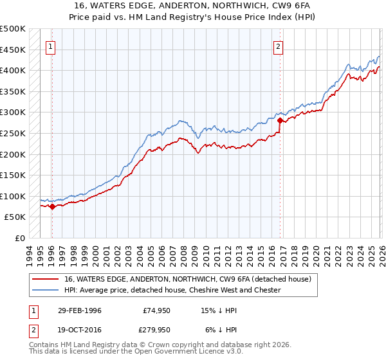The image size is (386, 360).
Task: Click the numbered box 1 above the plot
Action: (51, 46)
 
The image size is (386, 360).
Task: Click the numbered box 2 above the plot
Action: (278, 46)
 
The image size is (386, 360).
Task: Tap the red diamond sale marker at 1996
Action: (52, 206)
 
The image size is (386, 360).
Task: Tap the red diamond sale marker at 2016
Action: (280, 120)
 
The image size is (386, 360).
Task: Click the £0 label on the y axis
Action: (20, 238)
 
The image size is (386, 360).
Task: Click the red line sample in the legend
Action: (46, 279)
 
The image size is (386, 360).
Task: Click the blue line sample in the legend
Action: (46, 290)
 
